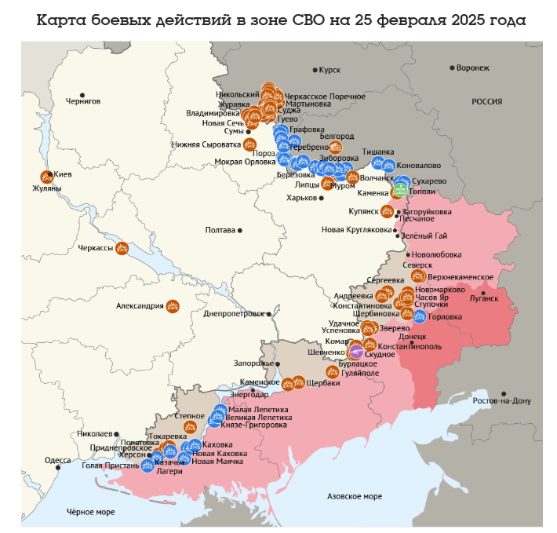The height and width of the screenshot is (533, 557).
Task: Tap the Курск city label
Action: click(329, 71)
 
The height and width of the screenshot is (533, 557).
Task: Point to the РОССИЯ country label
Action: click(486, 102)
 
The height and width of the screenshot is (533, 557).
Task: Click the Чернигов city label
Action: click(83, 101)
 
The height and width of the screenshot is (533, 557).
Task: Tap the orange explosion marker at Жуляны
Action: click(46, 177)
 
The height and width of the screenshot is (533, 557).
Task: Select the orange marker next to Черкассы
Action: click(122, 249)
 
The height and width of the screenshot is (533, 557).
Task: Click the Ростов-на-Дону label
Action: click(501, 401)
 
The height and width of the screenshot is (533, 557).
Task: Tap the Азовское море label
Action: click(354, 496)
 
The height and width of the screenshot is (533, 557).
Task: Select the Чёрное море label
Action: click(90, 512)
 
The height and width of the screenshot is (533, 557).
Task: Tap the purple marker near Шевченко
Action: click(356, 352)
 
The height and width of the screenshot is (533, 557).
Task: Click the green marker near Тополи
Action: click(399, 190)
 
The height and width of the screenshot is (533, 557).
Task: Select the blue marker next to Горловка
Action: click(420, 316)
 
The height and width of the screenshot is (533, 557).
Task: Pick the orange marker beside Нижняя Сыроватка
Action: click(250, 144)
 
